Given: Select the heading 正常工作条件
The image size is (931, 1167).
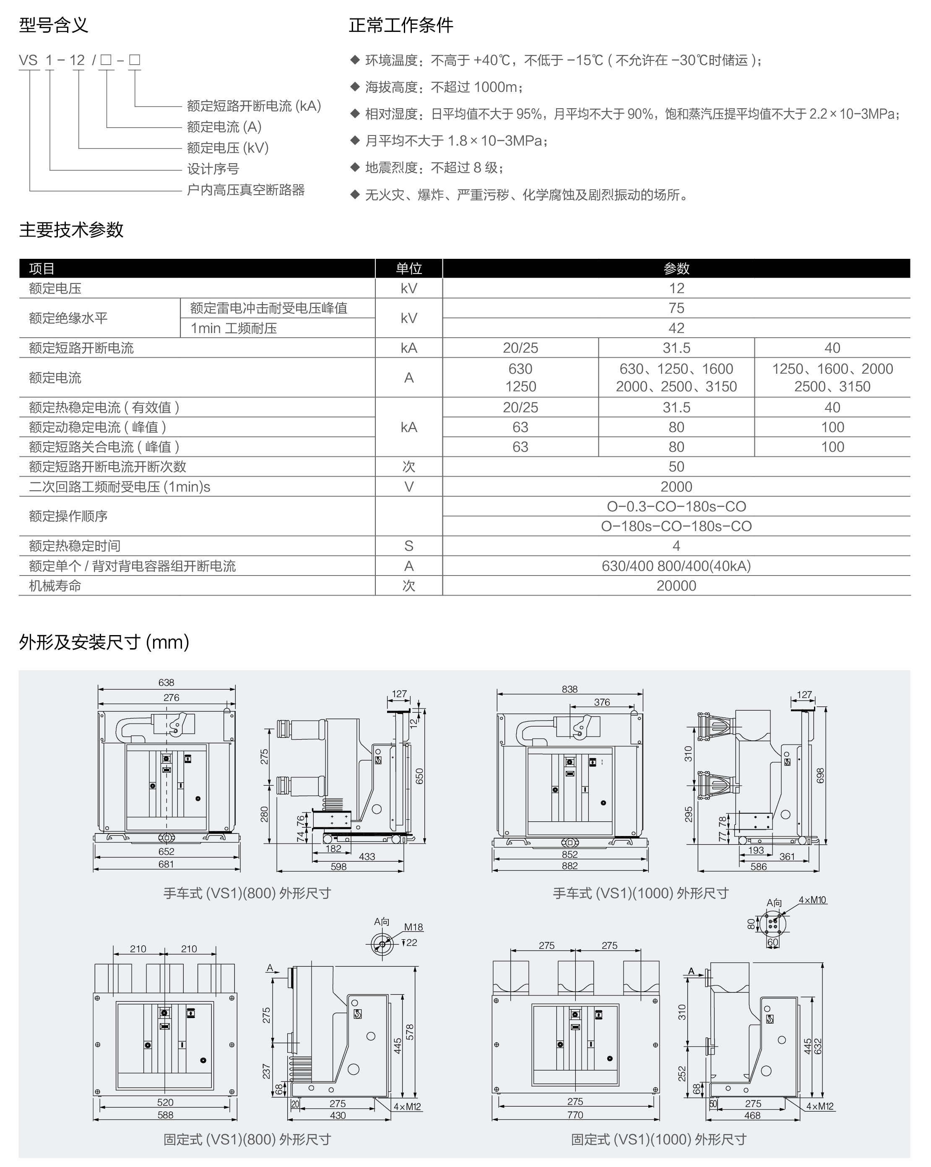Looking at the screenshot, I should coord(400,25).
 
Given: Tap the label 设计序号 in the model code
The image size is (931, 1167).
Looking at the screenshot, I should coord(213,169).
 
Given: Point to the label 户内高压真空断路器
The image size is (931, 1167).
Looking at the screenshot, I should coord(246,190).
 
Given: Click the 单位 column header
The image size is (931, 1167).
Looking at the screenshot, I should coord(408,268).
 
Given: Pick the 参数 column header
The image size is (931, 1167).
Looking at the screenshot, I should coord(676,268).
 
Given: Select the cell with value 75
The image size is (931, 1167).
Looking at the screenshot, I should coord(676,308).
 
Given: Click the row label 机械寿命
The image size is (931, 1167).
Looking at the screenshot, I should coord(55,586).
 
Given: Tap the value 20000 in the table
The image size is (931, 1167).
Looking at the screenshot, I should coord(676,586).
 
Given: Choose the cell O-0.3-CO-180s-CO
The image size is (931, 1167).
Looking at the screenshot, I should coord(676,507).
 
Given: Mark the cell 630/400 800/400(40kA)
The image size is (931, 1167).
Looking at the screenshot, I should coord(676,566).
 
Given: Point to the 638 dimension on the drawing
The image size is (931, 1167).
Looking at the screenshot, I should coord(166,682).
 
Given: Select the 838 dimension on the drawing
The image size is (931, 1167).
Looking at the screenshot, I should coord(570,689).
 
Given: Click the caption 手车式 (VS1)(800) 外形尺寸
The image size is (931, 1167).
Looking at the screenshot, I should coord(247,893).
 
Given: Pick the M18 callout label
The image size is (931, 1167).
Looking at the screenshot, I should coord(413,927).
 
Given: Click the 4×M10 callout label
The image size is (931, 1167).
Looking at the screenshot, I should coord(812,900).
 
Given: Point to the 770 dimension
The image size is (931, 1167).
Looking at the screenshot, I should coord(575,1115).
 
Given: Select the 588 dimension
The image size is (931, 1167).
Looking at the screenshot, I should coord(165,1115).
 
